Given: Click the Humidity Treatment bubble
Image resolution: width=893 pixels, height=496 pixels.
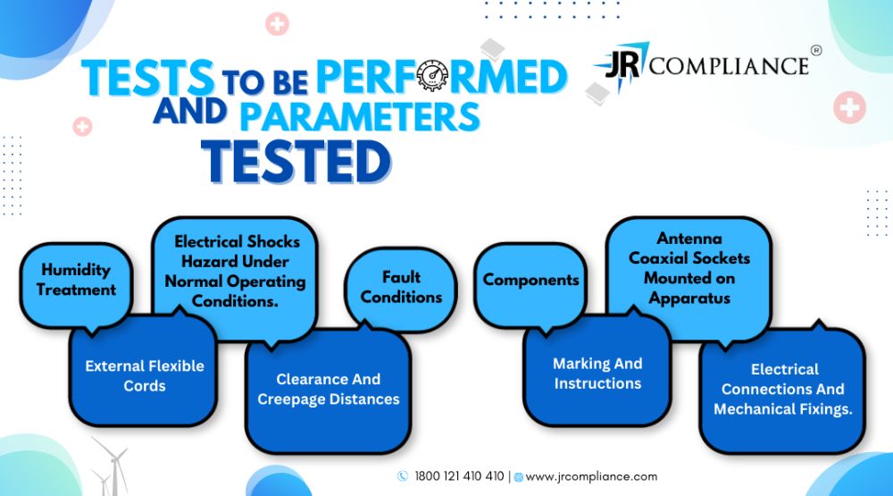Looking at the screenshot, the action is tap(76, 285).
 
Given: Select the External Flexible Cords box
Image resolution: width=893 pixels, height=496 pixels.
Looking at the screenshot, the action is tap(144, 374).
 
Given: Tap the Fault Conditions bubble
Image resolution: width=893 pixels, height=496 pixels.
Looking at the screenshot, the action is tap(401, 289).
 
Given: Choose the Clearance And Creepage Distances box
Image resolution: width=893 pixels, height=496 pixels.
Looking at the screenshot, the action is tap(328, 391).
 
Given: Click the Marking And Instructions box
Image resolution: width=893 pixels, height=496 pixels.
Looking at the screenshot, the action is tap(597, 371).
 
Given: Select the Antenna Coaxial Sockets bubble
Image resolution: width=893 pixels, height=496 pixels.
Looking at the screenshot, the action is tap(689, 276).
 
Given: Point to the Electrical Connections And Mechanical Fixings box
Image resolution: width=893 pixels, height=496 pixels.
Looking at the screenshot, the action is tap(782, 391).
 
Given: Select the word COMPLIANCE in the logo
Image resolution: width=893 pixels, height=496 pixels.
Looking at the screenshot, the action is tap(729, 65).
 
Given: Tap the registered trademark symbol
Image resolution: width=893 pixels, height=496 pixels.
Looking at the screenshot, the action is tap(815, 50).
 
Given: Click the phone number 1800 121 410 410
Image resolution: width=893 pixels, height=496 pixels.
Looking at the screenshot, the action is tap(459, 476).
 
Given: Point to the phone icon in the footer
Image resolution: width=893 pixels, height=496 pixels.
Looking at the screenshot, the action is tap(403, 476).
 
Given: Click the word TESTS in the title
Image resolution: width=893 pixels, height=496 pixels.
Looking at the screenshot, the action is tap(148, 78).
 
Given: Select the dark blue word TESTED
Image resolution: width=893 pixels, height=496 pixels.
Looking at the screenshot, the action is tap(296, 162).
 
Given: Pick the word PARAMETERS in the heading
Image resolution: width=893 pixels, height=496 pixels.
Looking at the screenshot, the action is tap(360, 116).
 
